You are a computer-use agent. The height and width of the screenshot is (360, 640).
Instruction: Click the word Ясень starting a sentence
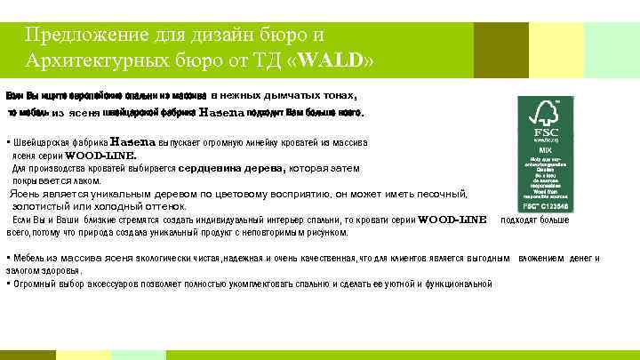25,193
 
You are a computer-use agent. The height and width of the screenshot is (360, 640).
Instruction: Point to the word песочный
438,193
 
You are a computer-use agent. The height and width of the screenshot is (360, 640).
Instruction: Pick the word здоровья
59,269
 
